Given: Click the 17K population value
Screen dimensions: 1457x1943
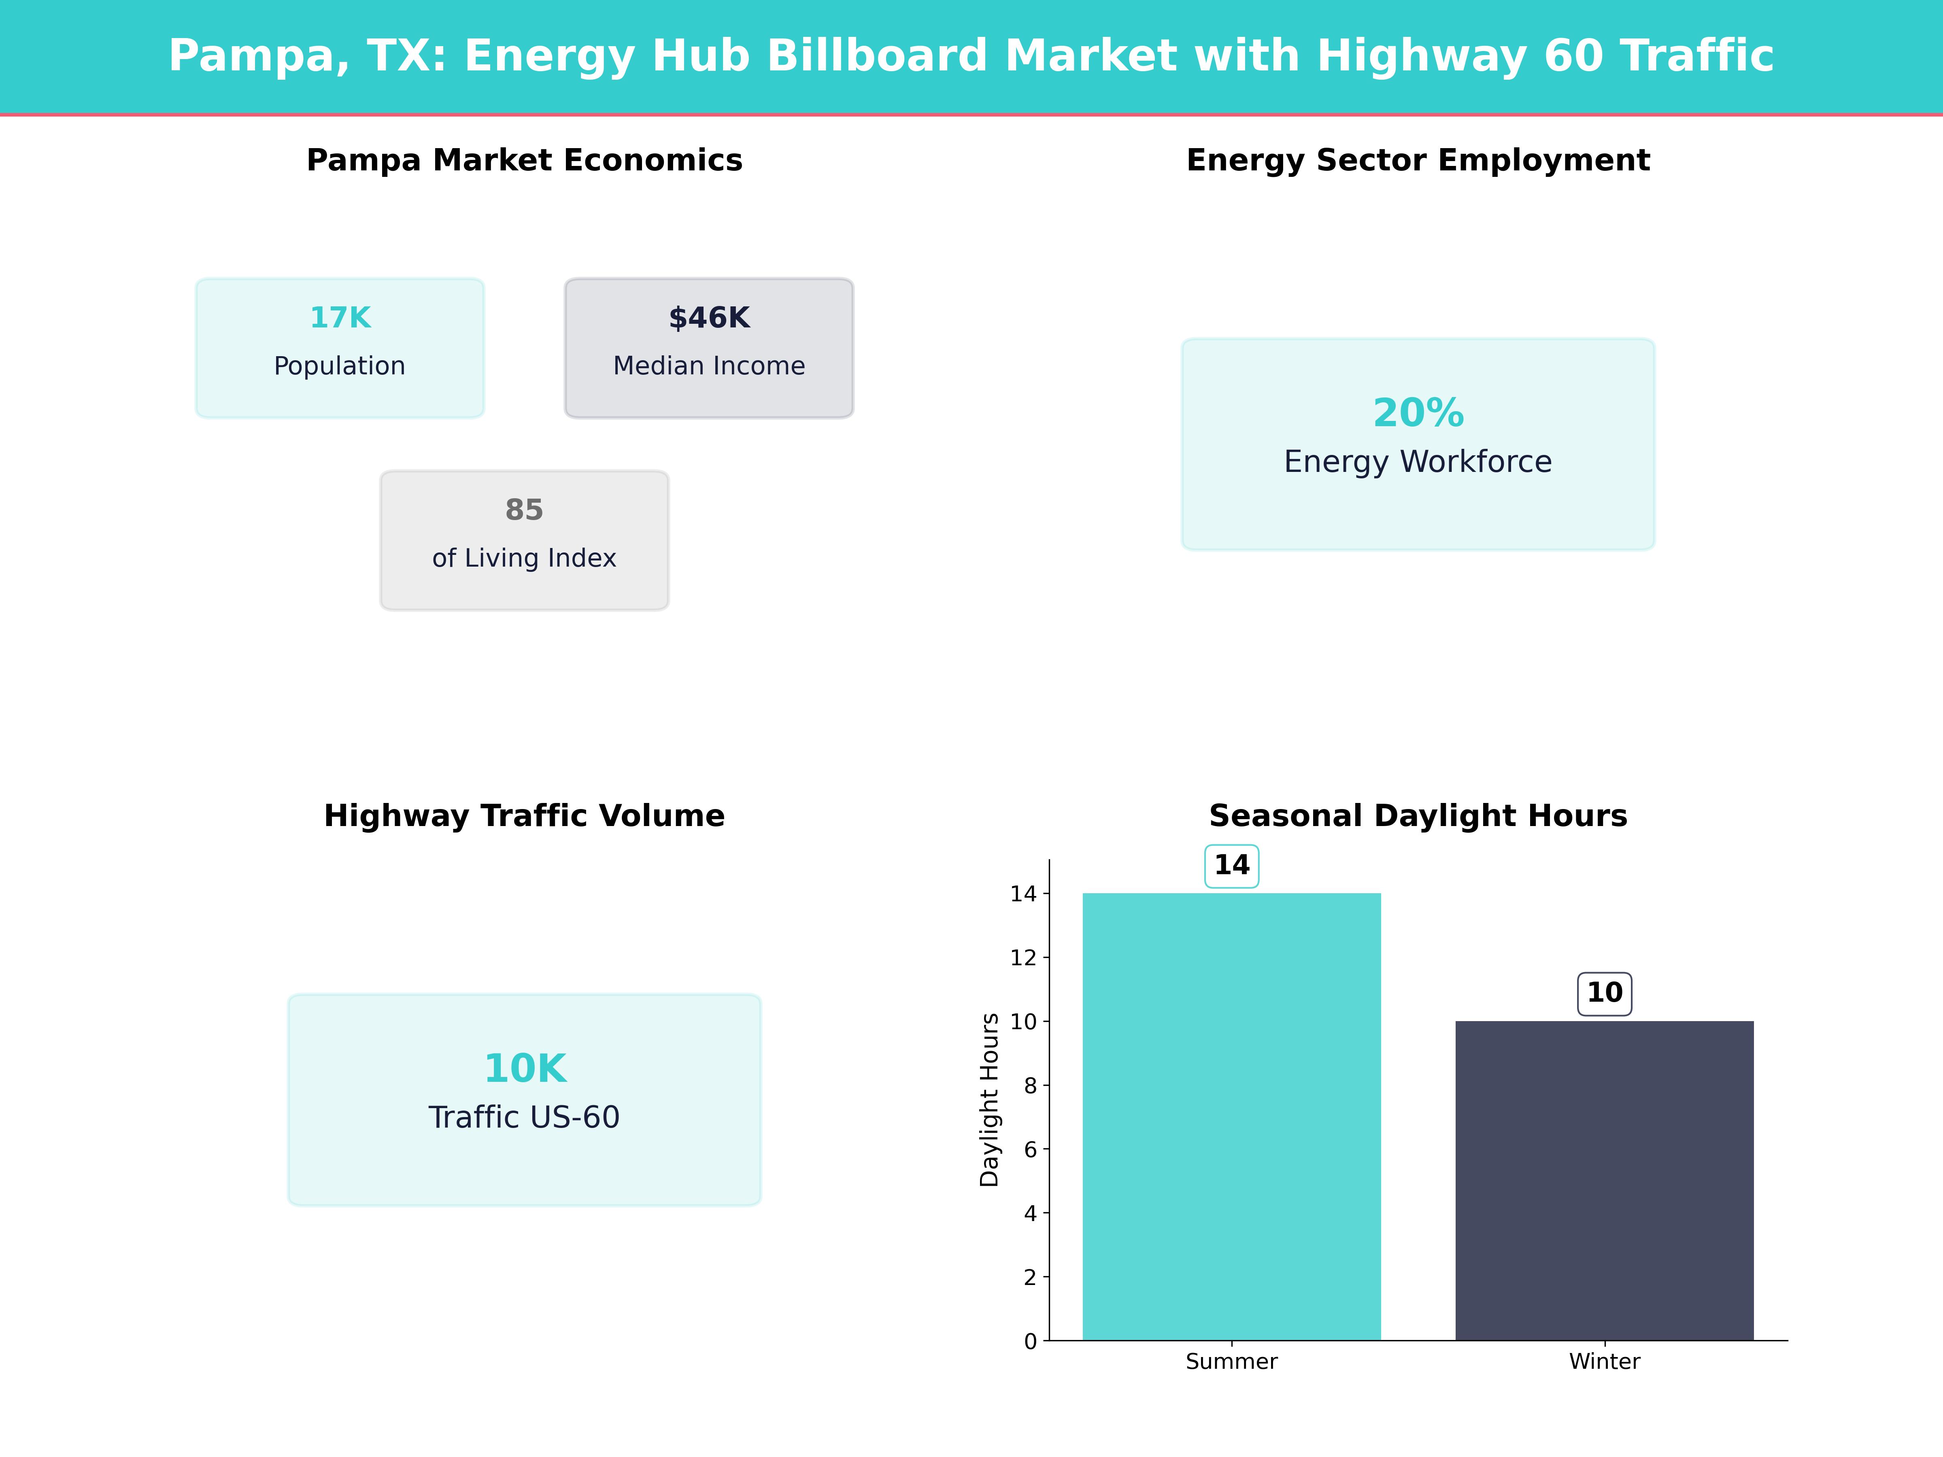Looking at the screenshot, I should [340, 318].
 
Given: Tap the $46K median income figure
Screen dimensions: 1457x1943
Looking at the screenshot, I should [709, 318].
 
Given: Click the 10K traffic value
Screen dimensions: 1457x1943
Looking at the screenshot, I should [524, 1069].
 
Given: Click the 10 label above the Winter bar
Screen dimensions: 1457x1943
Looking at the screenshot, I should [1604, 993].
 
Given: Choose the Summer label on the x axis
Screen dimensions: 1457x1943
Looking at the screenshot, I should [1231, 1361].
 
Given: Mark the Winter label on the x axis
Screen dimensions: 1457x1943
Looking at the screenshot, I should [1604, 1361].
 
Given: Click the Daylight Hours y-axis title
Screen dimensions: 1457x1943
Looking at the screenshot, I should [990, 1100].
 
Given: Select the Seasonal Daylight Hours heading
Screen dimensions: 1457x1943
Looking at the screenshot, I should [1418, 816].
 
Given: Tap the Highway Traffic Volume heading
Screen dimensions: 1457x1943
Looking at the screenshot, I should [524, 816].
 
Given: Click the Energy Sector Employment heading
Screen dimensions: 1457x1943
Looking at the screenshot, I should [1418, 161].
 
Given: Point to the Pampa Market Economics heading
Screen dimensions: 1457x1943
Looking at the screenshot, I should [524, 161].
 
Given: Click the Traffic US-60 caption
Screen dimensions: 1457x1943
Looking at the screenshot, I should [524, 1117].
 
